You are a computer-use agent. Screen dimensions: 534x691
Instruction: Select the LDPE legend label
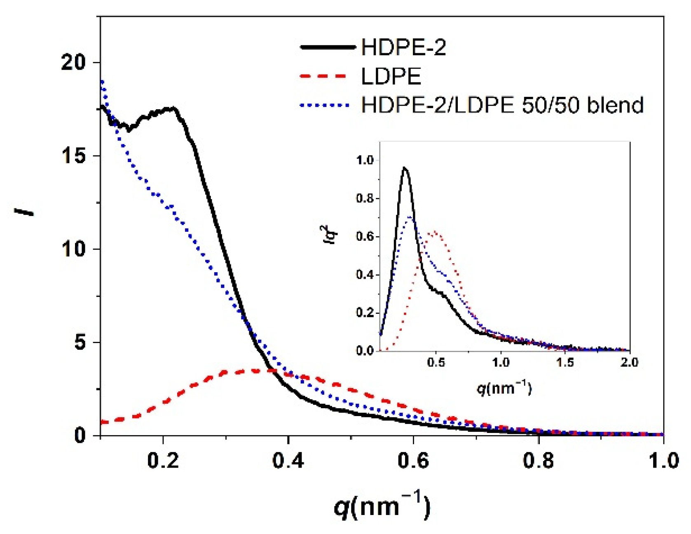[x=391, y=76]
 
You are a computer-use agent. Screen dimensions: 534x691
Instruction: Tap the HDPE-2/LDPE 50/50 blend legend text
[x=502, y=105]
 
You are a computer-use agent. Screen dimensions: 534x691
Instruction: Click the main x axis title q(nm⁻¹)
[x=382, y=506]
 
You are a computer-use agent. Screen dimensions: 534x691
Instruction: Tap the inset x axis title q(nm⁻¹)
[x=504, y=388]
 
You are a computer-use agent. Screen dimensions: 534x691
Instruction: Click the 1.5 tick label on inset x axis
[x=565, y=362]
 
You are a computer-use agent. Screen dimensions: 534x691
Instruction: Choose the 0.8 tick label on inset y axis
[x=365, y=198]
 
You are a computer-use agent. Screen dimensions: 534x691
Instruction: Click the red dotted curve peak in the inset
[x=434, y=232]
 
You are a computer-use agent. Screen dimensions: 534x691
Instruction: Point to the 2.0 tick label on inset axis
[x=629, y=362]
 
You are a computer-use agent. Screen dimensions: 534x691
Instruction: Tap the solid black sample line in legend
[x=328, y=47]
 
